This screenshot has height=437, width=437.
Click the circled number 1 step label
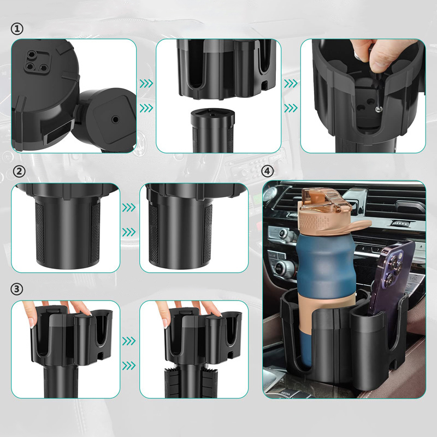tap(17, 29)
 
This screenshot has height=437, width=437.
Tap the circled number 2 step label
tap(19, 172)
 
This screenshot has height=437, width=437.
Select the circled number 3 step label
tap(17, 289)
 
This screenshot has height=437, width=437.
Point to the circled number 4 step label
tap(268, 170)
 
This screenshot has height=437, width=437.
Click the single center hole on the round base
tap(115, 120)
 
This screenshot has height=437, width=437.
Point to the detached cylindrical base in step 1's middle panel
tap(212, 131)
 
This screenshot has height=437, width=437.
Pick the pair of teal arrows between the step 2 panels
tap(129, 220)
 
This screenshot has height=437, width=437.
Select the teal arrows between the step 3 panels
tap(129, 353)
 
